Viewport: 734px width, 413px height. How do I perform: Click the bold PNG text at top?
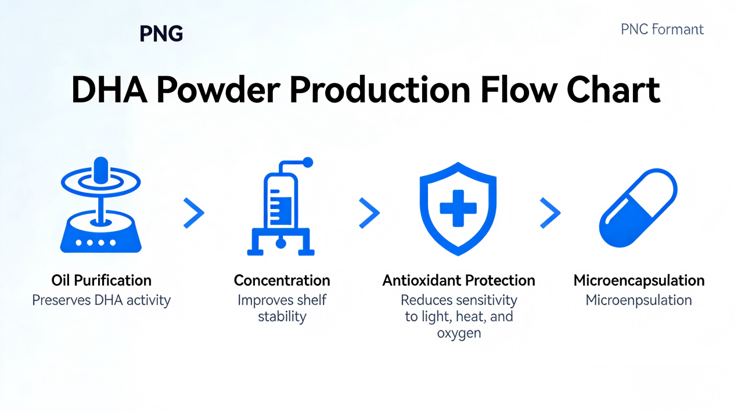point(161,34)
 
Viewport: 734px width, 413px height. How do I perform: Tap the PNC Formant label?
point(662,30)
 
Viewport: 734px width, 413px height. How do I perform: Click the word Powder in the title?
point(218,90)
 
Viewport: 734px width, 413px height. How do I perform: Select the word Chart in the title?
point(613,90)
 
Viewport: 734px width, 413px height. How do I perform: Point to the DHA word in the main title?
point(109,90)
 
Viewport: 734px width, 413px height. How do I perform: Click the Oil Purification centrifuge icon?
point(101,205)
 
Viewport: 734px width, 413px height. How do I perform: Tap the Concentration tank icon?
point(281,207)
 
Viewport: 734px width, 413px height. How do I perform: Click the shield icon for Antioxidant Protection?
point(458,209)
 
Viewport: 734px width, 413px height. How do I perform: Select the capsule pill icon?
point(638,208)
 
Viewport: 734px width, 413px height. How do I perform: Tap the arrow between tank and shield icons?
point(369,213)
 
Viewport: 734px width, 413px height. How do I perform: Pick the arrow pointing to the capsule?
point(550,213)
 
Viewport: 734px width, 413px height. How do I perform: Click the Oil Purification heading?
point(101,281)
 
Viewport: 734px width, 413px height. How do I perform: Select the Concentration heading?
point(282,281)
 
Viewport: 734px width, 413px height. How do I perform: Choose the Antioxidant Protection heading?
point(459,281)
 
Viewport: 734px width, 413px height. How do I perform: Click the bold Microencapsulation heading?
point(639,281)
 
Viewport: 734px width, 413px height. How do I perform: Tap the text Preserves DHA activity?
point(101,300)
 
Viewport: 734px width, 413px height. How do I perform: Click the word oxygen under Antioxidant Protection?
point(459,333)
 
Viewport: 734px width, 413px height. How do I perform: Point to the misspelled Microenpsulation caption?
point(639,300)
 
